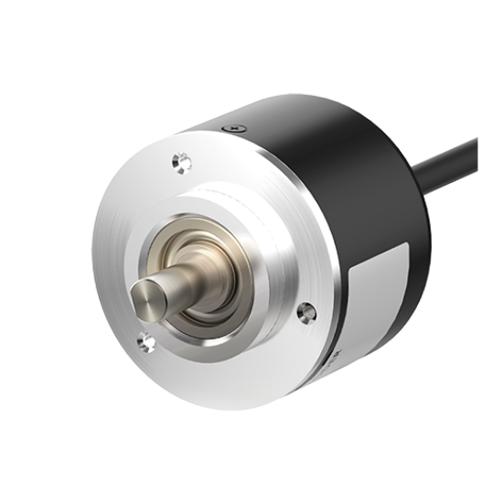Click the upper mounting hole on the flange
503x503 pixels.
click(x=179, y=163)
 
